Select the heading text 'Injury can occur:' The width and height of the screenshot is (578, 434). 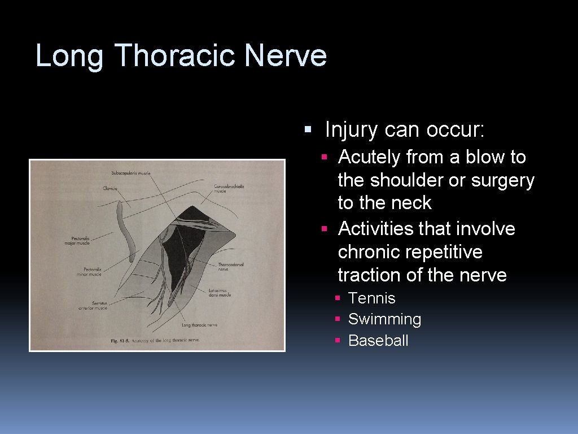tap(404, 130)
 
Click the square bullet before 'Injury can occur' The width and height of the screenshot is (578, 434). tap(308, 130)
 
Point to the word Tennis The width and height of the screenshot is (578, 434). tap(371, 298)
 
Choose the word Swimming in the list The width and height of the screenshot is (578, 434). tap(384, 319)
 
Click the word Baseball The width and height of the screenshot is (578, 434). tap(378, 340)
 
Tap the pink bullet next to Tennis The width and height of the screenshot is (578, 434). tap(337, 298)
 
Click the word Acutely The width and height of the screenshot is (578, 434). tap(369, 157)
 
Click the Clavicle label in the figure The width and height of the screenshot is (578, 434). tap(110, 188)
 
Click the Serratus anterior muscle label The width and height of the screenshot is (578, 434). tap(93, 306)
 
